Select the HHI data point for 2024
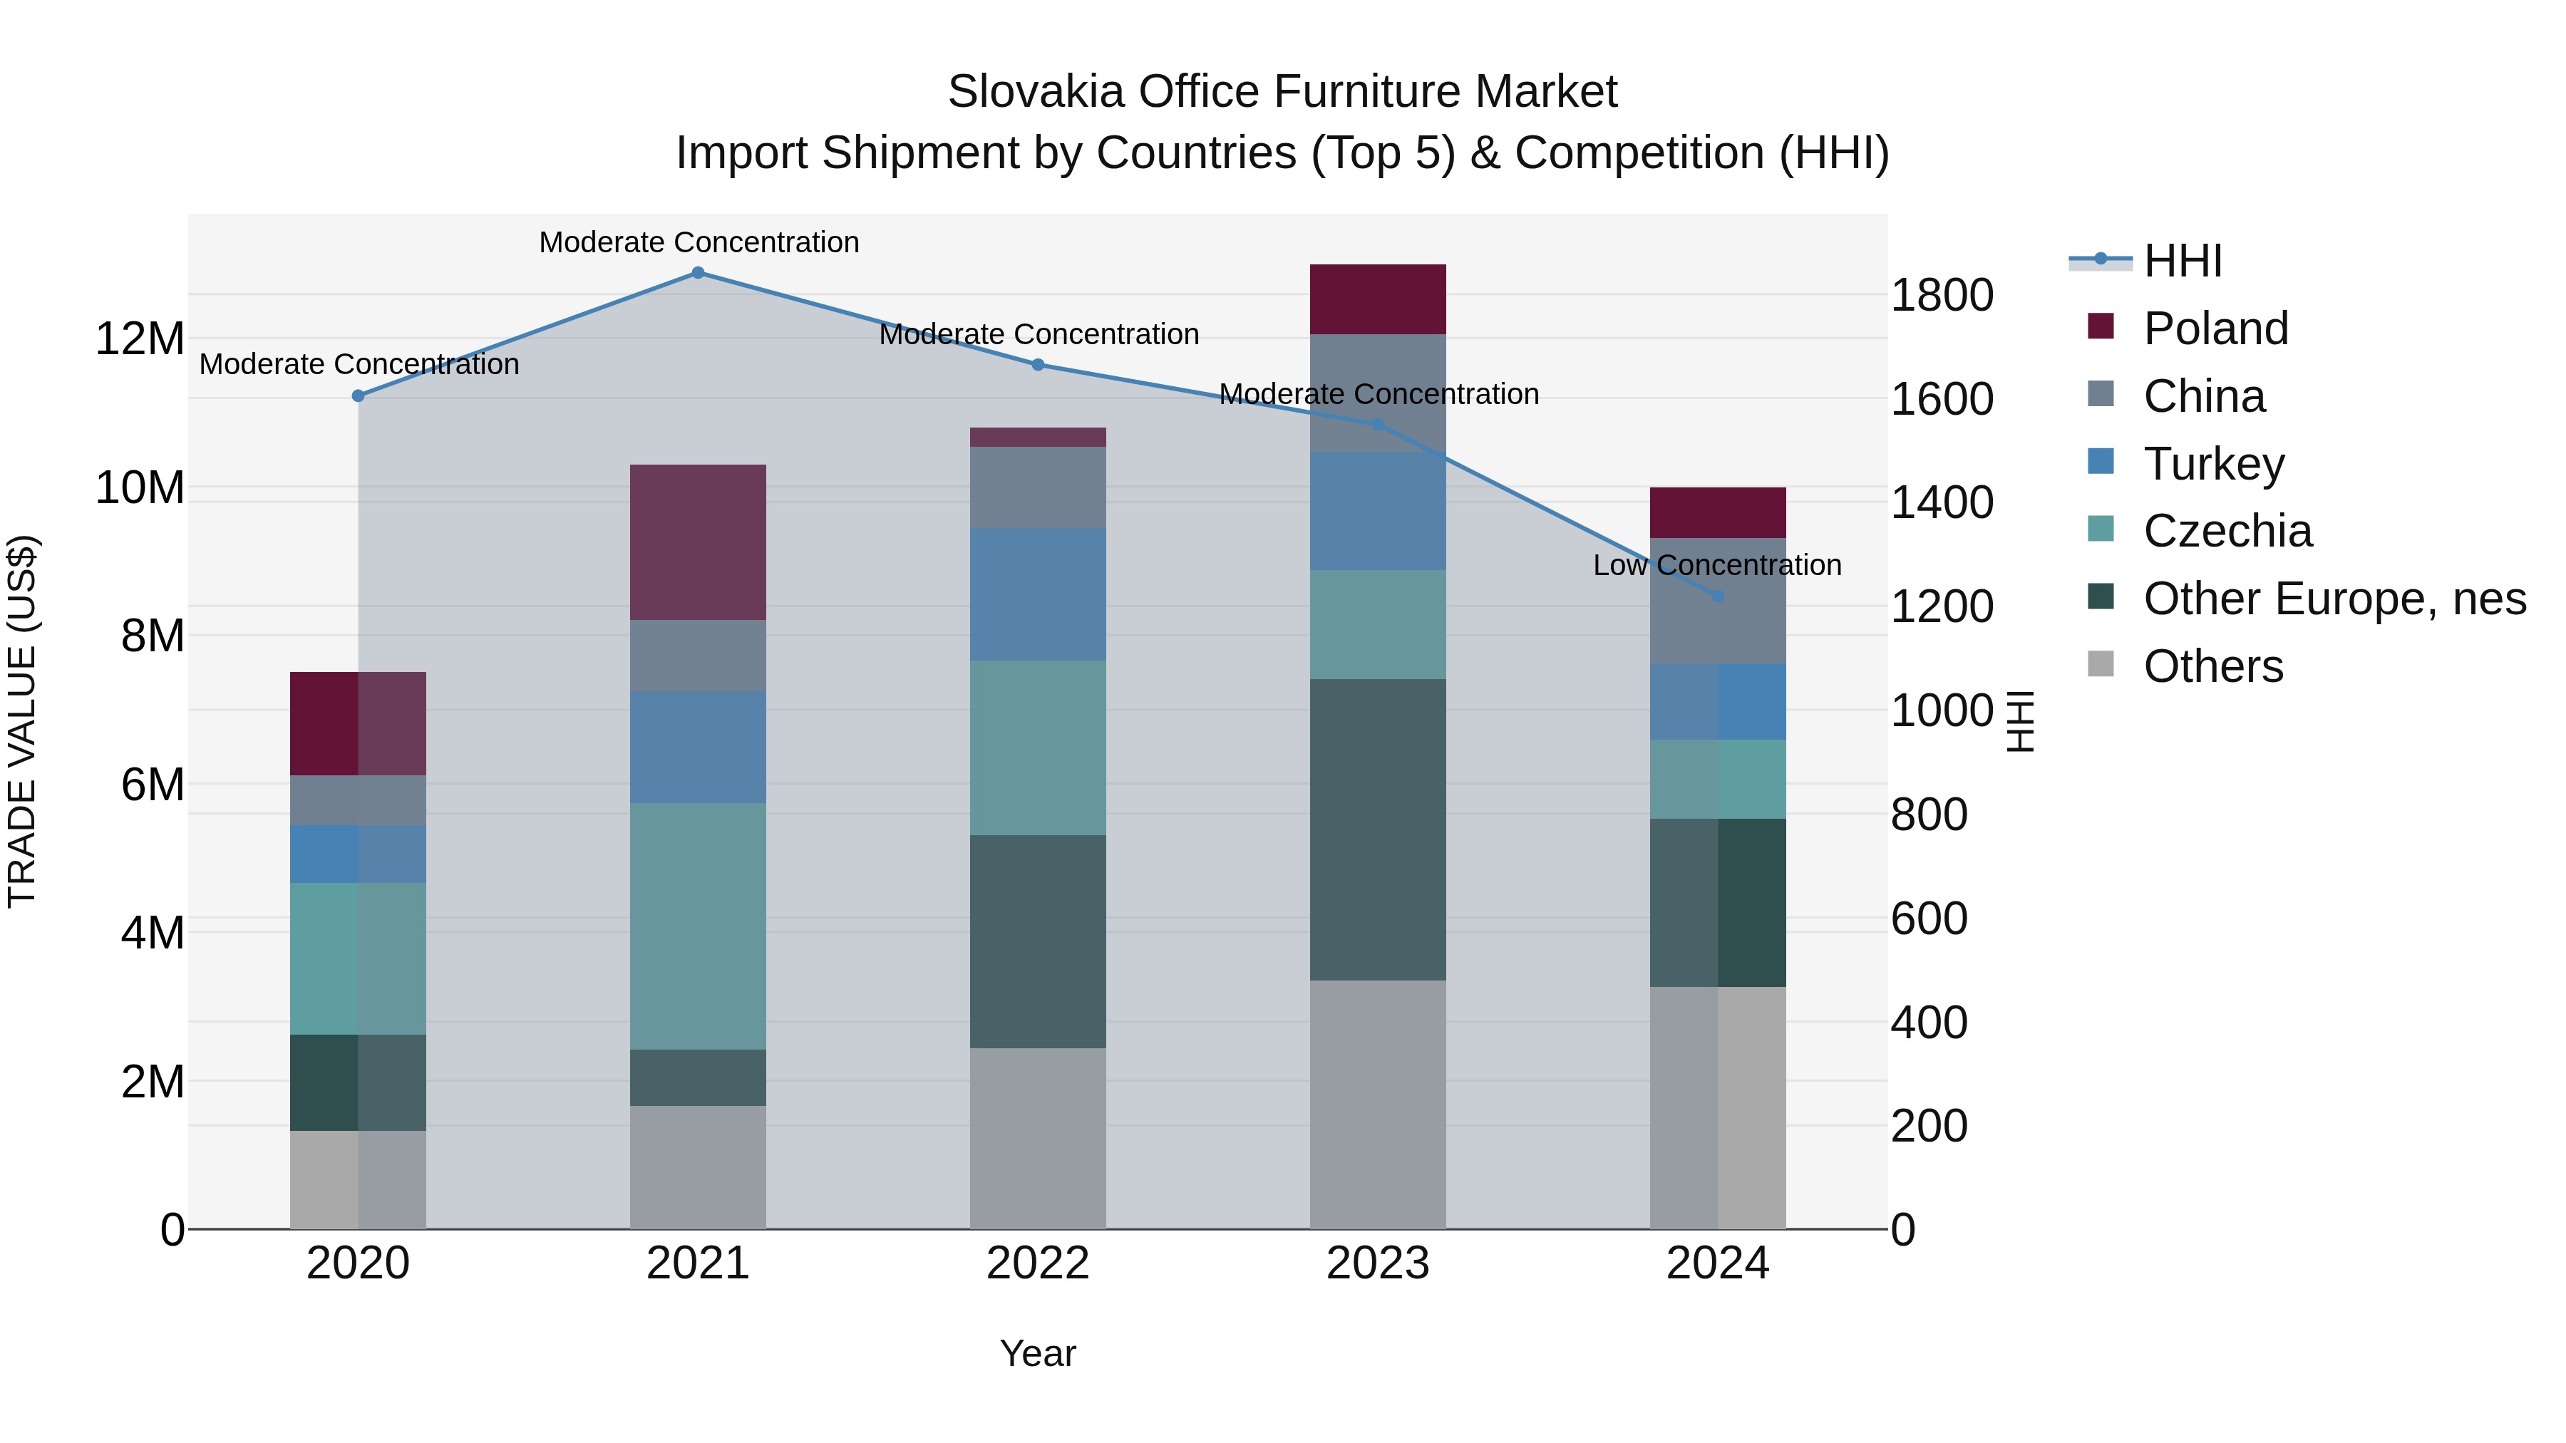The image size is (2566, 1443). point(1717,596)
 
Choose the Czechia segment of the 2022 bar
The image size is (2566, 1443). point(1037,748)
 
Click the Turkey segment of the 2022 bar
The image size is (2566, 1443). point(1037,594)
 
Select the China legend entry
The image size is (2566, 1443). point(2203,396)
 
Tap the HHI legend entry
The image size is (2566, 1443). point(2182,261)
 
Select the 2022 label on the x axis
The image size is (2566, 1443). point(1037,1263)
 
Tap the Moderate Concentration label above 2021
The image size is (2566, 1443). point(699,243)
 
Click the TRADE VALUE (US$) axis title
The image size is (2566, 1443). point(22,721)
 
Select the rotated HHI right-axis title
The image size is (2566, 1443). point(2020,721)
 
